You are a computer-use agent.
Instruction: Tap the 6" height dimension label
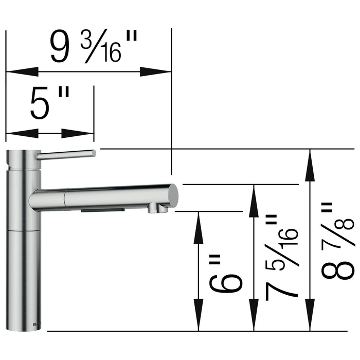point(226,273)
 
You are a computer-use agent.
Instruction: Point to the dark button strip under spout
point(103,210)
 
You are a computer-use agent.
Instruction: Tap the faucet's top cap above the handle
point(23,155)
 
